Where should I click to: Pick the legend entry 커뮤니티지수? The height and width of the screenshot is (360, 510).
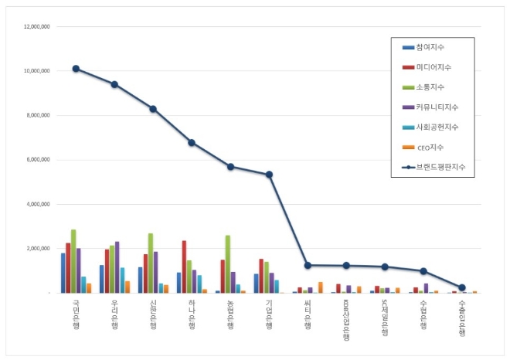[436, 107]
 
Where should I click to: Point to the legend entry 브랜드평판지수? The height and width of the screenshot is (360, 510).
[439, 166]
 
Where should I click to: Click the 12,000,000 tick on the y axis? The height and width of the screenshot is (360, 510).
[36, 26]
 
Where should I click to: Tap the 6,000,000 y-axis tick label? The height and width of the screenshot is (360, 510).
[38, 160]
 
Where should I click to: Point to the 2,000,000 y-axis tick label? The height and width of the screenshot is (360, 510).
[38, 249]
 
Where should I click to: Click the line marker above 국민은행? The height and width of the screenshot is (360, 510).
[76, 69]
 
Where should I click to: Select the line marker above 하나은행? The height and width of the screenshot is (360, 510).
[192, 142]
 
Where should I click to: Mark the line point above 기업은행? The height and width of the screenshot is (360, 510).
[269, 175]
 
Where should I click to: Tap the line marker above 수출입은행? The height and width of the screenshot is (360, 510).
[462, 287]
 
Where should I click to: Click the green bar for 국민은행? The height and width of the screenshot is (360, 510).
[73, 261]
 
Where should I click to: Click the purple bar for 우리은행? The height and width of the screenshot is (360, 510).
[117, 267]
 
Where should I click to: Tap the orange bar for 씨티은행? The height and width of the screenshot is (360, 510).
[321, 287]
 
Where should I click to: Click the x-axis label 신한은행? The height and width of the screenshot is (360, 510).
[153, 314]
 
